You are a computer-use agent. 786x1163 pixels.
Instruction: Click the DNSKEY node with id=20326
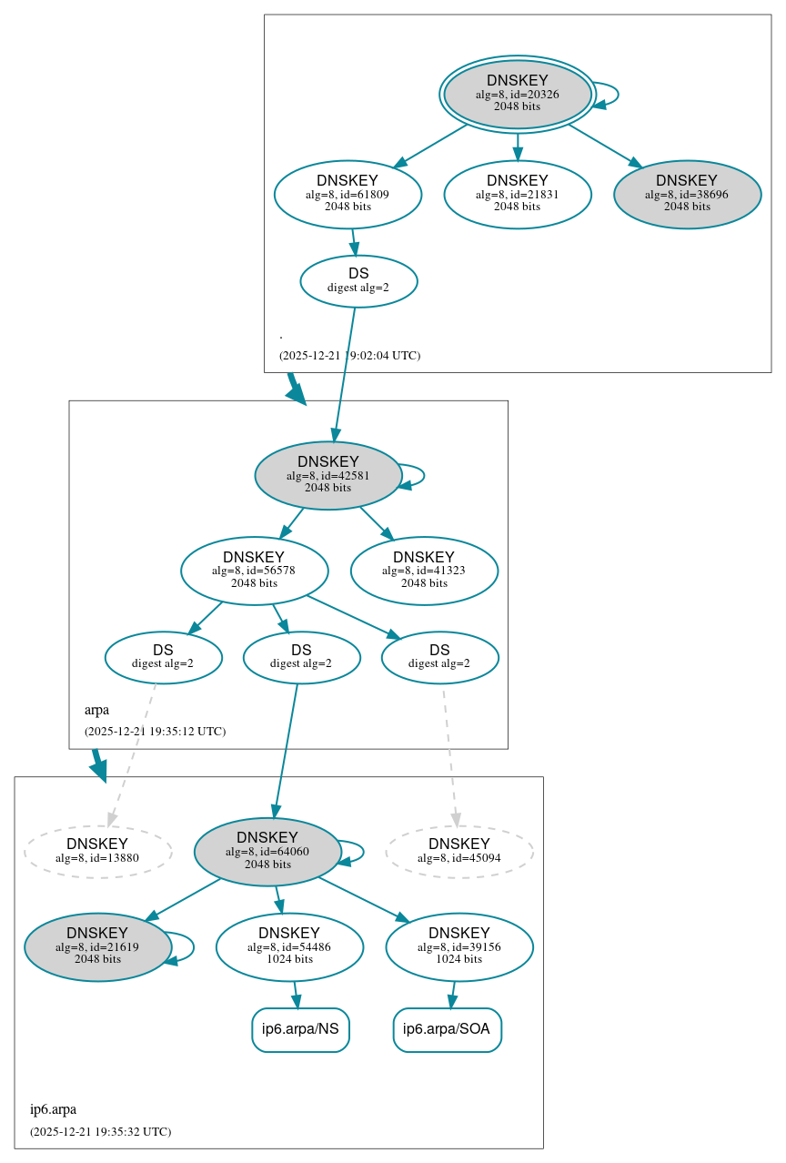click(517, 94)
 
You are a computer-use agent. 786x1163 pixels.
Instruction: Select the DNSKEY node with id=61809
click(348, 194)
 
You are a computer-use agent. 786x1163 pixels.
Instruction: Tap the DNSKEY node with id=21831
click(517, 194)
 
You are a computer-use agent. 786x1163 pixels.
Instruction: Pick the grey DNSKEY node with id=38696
click(687, 194)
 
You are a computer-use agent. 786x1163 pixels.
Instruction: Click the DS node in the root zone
click(358, 281)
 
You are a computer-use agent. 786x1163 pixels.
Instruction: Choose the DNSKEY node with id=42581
click(327, 475)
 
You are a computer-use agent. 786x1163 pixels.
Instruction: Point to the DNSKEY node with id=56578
click(254, 571)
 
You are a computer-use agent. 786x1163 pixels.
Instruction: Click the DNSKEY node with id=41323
click(424, 571)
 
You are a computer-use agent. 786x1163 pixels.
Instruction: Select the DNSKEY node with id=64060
click(267, 852)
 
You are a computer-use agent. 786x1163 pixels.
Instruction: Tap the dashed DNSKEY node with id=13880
click(97, 852)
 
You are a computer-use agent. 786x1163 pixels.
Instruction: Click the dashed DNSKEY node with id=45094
click(459, 852)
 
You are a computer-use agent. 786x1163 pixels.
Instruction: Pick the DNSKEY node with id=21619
click(97, 946)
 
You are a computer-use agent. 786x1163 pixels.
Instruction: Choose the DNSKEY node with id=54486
click(289, 946)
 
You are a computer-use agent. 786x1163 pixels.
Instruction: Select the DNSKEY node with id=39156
click(459, 946)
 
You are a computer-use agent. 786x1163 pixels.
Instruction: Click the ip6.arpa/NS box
click(300, 1029)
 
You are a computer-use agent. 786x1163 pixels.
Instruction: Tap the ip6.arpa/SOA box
click(447, 1029)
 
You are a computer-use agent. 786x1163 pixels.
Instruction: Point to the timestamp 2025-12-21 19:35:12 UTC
click(155, 731)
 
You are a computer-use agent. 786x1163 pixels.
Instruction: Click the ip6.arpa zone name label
click(53, 1109)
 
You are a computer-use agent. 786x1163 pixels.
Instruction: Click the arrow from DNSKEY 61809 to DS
click(354, 242)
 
